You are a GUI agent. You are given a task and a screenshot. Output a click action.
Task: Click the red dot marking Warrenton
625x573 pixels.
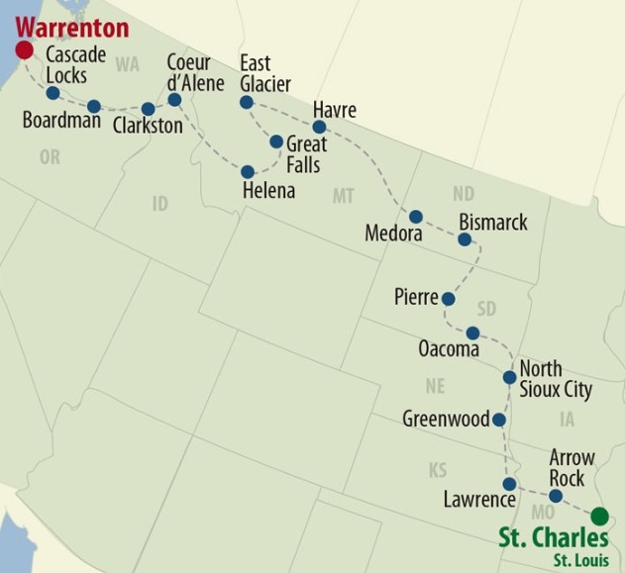[25, 50]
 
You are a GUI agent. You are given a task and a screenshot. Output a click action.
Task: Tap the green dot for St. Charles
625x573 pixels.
[599, 516]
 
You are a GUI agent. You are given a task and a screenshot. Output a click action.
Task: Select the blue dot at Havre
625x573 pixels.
[319, 127]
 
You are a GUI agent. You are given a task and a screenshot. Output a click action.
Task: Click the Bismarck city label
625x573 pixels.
[493, 221]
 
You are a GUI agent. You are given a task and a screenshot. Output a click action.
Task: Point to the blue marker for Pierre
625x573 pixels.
[448, 298]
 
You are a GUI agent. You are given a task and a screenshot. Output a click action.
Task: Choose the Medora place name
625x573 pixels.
[393, 235]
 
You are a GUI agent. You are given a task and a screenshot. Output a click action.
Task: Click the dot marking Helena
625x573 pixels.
[248, 171]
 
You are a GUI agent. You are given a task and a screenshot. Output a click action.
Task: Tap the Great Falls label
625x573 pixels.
[303, 154]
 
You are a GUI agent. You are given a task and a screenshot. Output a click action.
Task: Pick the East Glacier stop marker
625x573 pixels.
[247, 102]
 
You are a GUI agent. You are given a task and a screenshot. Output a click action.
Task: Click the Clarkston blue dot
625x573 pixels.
[149, 109]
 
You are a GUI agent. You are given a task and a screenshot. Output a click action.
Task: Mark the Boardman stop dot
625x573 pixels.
[94, 106]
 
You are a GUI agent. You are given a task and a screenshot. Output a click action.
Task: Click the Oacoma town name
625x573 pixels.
[449, 349]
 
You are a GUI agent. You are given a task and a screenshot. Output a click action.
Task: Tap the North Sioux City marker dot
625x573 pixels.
[509, 377]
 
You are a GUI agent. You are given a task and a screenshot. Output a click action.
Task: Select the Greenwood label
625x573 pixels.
[446, 420]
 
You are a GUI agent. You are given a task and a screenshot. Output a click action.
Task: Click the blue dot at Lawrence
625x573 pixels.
[509, 484]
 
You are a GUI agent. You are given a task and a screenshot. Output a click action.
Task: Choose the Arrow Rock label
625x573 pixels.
[573, 467]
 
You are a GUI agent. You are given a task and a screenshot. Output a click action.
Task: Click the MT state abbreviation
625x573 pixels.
[343, 196]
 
